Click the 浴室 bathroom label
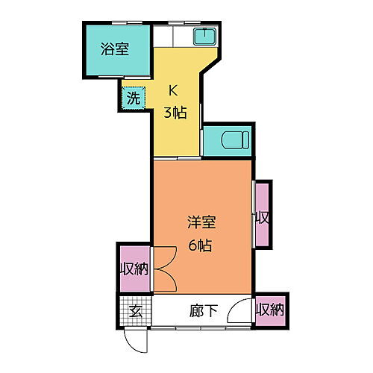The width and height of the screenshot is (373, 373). (115, 50)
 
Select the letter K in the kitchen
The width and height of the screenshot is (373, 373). (172, 92)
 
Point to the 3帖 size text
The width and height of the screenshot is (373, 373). (175, 113)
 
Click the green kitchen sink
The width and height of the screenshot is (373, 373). (202, 36)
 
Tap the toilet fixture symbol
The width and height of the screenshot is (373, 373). (228, 140)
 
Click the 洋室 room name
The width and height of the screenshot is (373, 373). (201, 222)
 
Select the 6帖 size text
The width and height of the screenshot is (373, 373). (200, 244)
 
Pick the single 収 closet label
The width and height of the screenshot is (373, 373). (262, 218)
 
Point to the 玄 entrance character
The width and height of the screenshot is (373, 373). (136, 311)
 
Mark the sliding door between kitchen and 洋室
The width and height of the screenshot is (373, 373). (178, 159)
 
